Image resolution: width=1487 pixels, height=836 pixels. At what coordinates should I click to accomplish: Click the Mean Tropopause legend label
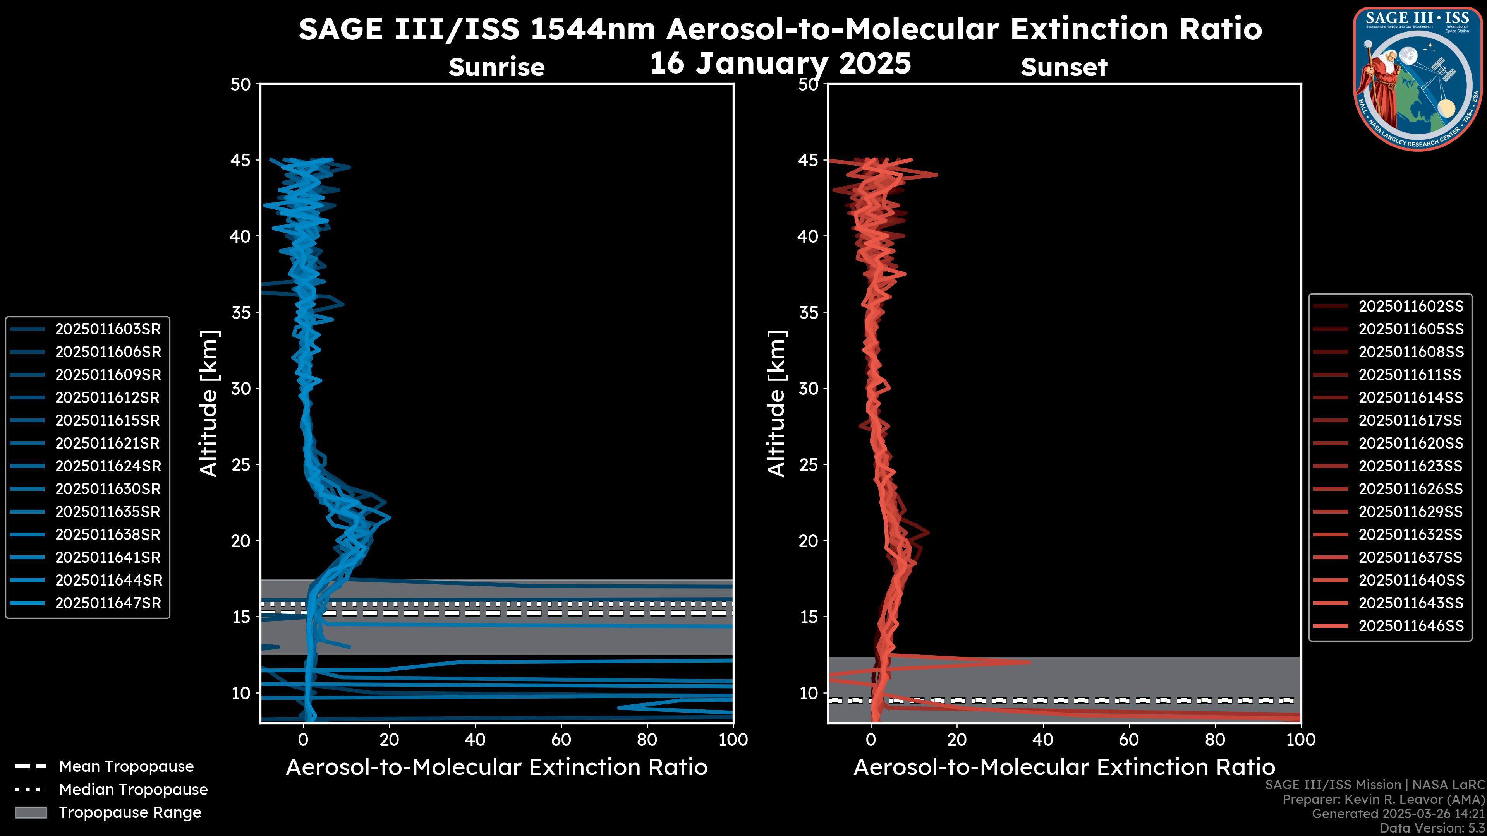tap(126, 766)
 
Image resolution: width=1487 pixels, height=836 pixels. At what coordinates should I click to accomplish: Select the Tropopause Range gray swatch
tap(31, 812)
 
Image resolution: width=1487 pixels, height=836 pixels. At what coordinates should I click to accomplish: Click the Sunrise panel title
tap(496, 67)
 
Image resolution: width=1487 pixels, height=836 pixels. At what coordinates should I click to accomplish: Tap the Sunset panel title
tap(1064, 67)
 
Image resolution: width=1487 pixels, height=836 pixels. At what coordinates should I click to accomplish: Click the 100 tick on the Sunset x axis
tap(1301, 740)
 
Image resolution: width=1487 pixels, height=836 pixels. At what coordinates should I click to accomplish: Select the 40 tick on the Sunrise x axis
tap(475, 740)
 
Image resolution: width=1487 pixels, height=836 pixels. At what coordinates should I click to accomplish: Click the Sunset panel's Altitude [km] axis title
tap(776, 403)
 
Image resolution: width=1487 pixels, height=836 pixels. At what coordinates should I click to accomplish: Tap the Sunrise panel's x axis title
tap(496, 767)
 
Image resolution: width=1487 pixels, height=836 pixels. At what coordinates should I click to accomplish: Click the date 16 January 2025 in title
tap(780, 63)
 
